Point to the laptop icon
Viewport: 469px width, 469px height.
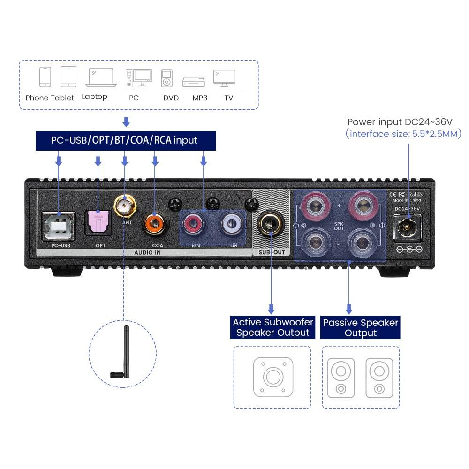(x=100, y=78)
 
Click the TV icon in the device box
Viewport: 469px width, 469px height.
(x=224, y=78)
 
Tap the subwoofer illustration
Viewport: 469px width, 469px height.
(x=272, y=377)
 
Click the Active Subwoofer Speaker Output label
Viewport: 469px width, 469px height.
(x=272, y=327)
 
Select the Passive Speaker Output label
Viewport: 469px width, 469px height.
(x=360, y=327)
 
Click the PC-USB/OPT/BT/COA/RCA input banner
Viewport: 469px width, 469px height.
(x=126, y=140)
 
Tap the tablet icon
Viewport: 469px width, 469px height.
(x=68, y=76)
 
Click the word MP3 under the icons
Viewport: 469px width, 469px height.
(x=200, y=98)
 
